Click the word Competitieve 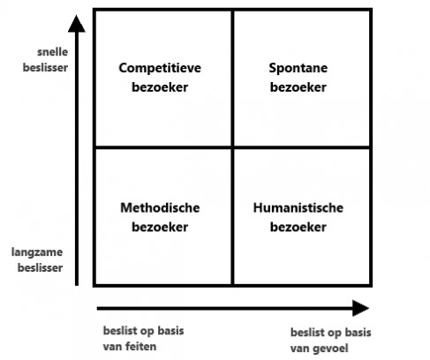tap(160, 69)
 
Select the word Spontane tap(298, 69)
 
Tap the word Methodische tap(160, 208)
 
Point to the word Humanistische tap(298, 208)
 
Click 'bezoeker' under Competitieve tap(160, 87)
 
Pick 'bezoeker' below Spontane tap(298, 87)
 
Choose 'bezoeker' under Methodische tap(160, 227)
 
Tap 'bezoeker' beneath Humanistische tap(298, 227)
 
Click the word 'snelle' tap(53, 52)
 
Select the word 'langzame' tap(37, 252)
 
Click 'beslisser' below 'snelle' tap(45, 68)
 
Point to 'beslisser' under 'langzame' tap(40, 268)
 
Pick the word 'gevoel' tap(329, 349)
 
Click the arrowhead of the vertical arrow tap(77, 24)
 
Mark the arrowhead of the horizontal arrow tap(361, 308)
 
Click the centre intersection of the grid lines tap(232, 146)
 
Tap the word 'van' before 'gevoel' tap(299, 349)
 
